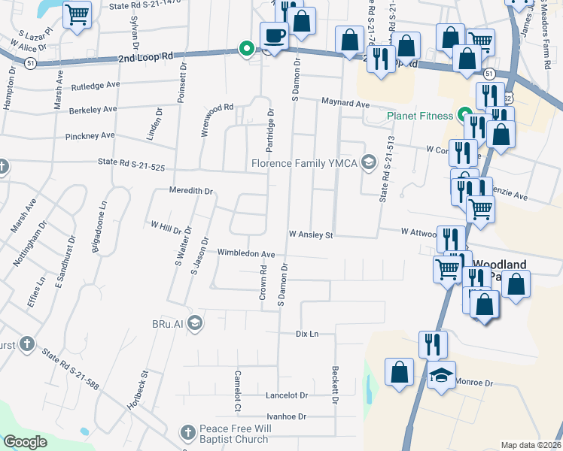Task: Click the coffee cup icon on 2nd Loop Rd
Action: coord(274,34)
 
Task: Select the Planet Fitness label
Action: coord(420,116)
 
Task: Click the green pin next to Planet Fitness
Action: coord(465,116)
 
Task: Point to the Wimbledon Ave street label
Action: coord(245,253)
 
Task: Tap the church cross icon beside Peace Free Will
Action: coord(187,433)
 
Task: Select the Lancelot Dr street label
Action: coord(287,395)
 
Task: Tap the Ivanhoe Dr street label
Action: coord(286,416)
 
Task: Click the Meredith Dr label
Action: coord(191,191)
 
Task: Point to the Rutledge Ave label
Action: coord(96,86)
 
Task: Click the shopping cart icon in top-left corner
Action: coord(77,14)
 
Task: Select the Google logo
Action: coord(25,442)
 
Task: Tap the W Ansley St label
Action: coord(310,235)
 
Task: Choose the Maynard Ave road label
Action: coord(345,103)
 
